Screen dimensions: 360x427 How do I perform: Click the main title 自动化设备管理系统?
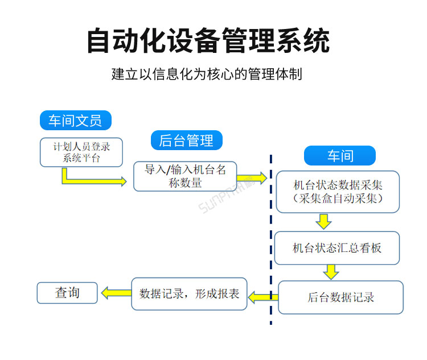point(208,41)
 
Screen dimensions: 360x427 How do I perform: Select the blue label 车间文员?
point(75,121)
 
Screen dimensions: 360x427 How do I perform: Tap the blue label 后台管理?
point(186,140)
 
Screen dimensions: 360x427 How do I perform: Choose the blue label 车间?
point(339,156)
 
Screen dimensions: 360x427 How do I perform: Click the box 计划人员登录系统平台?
point(81,152)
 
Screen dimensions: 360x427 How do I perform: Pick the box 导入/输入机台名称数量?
point(185,176)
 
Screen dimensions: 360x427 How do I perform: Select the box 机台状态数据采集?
point(338,192)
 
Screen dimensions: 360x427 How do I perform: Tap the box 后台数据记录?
point(340,297)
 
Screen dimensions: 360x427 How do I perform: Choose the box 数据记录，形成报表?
point(189,294)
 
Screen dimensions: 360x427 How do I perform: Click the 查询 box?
point(67,293)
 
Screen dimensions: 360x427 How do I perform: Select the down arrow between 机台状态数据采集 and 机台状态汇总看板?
point(324,221)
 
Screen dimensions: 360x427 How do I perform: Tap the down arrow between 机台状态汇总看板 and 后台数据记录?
point(331,272)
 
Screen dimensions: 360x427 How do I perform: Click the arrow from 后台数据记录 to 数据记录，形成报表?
point(262,296)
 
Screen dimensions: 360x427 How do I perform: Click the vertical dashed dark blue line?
point(270,239)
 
